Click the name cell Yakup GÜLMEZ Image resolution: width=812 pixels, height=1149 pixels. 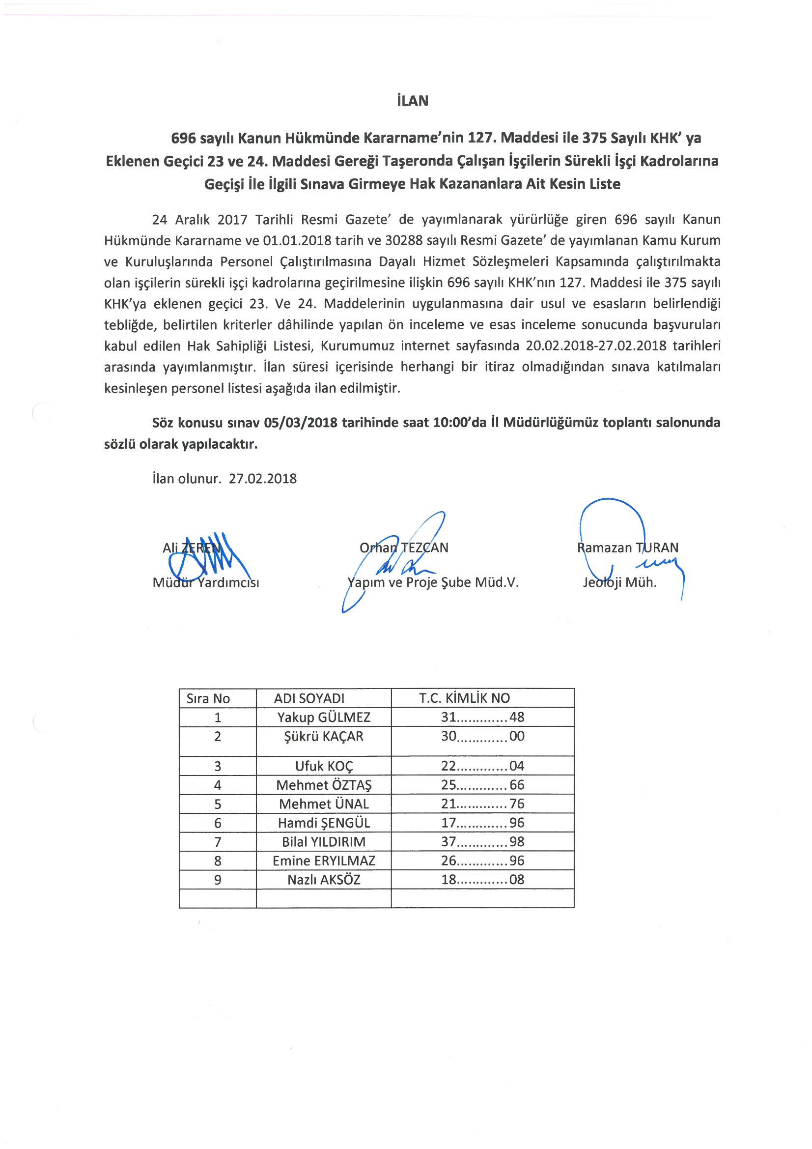(x=324, y=717)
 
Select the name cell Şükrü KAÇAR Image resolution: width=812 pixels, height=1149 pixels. (x=324, y=736)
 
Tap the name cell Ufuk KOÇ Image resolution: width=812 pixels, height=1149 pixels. (x=324, y=766)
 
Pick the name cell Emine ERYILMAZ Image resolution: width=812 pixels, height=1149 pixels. (x=324, y=861)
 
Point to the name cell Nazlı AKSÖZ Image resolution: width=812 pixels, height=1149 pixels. (x=324, y=880)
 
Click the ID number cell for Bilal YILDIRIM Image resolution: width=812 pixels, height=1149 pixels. (x=482, y=842)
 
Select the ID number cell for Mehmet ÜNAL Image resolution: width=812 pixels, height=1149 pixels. (x=482, y=804)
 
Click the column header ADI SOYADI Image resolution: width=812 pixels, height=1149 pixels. (x=309, y=699)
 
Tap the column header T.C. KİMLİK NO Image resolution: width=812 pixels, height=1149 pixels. (x=464, y=698)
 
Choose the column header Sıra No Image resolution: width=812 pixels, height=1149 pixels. (x=208, y=699)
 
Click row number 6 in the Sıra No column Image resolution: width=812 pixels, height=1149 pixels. (x=218, y=823)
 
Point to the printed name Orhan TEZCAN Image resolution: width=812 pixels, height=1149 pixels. (x=404, y=547)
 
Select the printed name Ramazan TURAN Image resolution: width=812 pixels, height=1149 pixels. (x=627, y=547)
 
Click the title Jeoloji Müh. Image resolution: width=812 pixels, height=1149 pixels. (x=619, y=582)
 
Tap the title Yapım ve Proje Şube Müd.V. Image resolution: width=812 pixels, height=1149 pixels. (x=433, y=582)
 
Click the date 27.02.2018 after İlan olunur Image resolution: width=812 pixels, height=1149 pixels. (x=263, y=479)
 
